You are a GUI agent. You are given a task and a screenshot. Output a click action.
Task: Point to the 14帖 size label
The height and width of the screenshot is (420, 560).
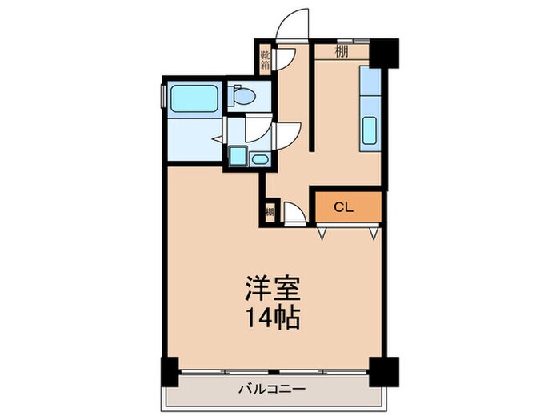272,318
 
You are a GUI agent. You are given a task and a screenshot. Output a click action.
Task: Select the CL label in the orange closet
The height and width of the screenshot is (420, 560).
343,207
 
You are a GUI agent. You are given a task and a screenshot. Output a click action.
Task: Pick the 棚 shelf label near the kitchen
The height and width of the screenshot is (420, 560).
342,53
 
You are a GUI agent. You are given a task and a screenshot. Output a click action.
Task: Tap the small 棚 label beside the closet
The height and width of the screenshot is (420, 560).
270,213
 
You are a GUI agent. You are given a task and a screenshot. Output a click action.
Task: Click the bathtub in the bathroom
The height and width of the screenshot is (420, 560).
195,100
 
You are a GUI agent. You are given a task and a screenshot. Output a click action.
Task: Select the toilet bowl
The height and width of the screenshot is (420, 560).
242,98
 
